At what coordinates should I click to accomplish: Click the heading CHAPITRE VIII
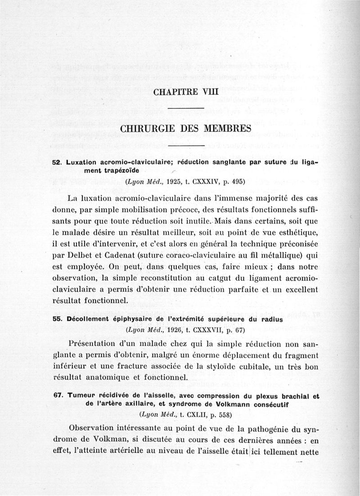coord(185,92)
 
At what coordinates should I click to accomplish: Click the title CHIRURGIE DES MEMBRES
coord(185,128)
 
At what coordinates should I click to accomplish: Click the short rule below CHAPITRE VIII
coord(185,108)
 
